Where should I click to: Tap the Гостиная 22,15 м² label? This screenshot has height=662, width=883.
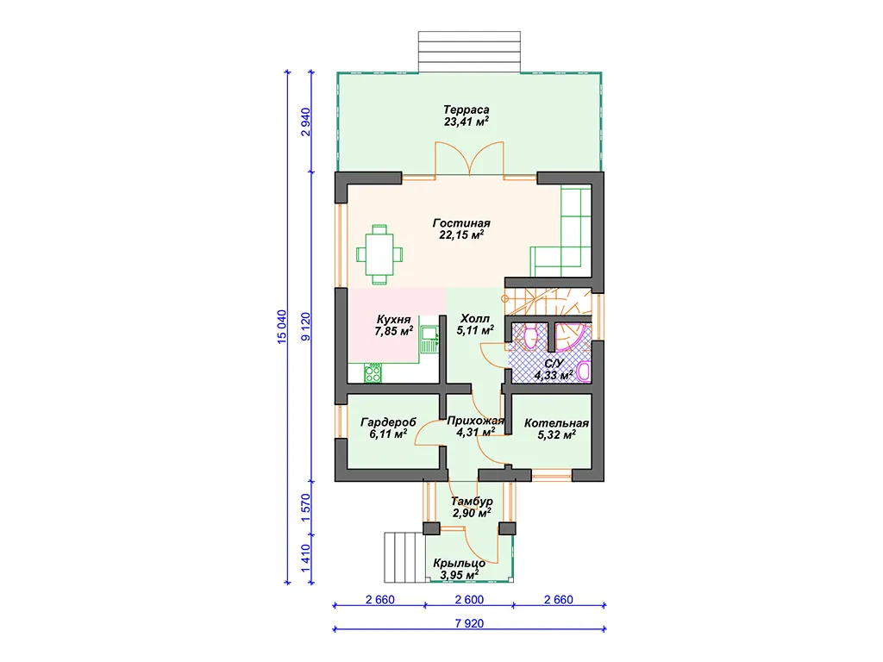pos(461,229)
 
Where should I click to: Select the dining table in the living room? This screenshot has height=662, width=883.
pos(379,254)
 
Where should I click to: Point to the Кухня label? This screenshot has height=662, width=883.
pos(393,320)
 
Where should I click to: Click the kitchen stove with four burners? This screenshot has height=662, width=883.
pos(373,373)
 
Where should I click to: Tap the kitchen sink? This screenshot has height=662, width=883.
pos(429,340)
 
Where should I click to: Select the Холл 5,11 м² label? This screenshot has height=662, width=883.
pos(475,324)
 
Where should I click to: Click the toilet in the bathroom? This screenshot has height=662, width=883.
pos(530,337)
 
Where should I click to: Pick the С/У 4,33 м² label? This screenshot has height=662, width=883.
pos(554,369)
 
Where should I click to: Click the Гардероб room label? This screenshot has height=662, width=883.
pos(389,422)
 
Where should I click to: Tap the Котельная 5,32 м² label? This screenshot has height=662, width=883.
pos(556,428)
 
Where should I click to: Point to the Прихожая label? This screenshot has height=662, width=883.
pos(475,421)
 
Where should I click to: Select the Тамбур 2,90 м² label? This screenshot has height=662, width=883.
pos(472,507)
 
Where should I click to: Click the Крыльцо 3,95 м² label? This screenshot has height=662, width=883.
pos(460,569)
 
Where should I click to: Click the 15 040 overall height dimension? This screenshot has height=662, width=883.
pos(282,327)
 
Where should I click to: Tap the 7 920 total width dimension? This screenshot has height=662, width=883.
pos(469,623)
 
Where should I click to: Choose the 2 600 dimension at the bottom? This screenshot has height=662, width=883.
pos(469,600)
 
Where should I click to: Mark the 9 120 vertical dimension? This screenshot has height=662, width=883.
pos(306,327)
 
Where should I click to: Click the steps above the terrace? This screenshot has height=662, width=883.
pos(469,52)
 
